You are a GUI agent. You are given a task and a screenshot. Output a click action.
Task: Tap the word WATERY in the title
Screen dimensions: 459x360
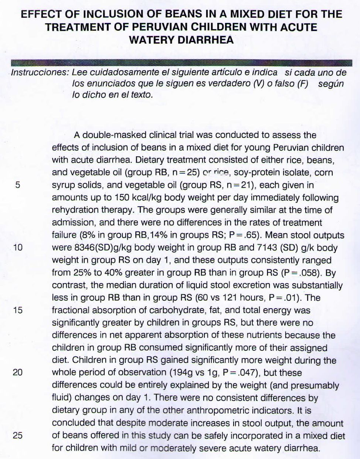pos(151,40)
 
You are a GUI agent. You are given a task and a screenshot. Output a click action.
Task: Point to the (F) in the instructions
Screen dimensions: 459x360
pos(302,84)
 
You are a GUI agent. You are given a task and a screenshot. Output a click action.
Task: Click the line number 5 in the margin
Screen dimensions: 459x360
pos(18,185)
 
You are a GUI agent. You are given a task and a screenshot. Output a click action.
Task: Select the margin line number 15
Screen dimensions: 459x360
pos(18,310)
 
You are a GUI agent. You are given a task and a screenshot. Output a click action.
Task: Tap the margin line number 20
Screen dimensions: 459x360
pos(18,373)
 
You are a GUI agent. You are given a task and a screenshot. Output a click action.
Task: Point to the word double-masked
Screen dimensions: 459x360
pos(109,135)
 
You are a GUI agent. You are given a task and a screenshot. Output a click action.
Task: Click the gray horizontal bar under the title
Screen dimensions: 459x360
pos(181,62)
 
